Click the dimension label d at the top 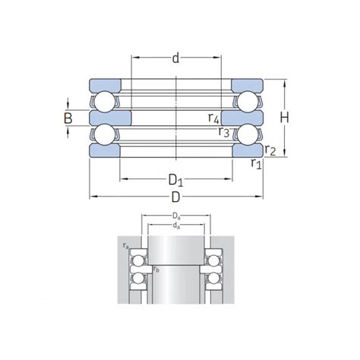tap(175, 58)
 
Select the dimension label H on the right tap(285, 118)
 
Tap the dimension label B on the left tap(68, 118)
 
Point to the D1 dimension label tap(175, 181)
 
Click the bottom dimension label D tap(175, 197)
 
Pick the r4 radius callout tap(213, 118)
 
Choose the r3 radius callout tap(224, 131)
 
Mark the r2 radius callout tap(270, 150)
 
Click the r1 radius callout tap(256, 163)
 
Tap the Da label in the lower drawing tap(176, 216)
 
